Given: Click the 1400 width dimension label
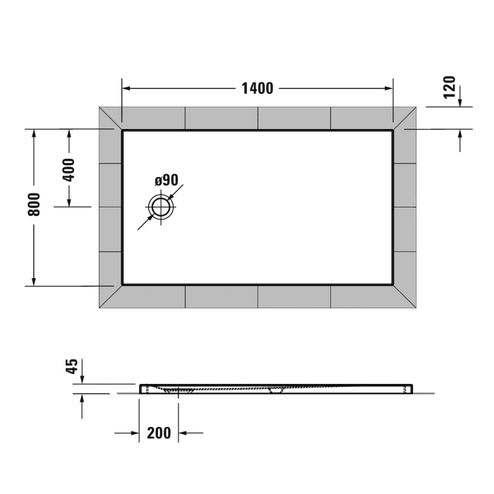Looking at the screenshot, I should click(257, 89).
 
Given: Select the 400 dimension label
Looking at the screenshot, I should click(68, 169).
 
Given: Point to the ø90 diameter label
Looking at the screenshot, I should click(167, 181).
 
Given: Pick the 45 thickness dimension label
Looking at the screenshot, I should click(71, 366).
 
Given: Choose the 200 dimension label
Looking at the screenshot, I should click(159, 433).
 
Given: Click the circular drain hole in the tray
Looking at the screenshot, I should click(161, 207).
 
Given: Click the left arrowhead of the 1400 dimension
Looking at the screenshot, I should click(128, 89).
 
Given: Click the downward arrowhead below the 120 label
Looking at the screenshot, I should click(460, 102).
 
